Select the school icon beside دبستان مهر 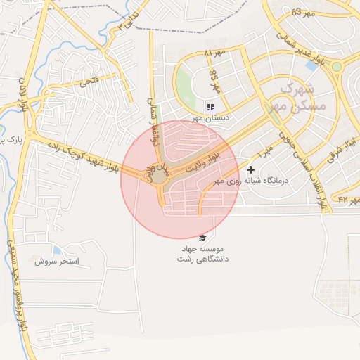pyautogui.click(x=210, y=107)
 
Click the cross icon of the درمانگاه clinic pyautogui.click(x=251, y=169)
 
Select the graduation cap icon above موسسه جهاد pyautogui.click(x=202, y=238)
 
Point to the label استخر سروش pyautogui.click(x=57, y=261)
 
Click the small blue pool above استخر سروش pyautogui.click(x=57, y=250)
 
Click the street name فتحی pyautogui.click(x=89, y=82)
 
